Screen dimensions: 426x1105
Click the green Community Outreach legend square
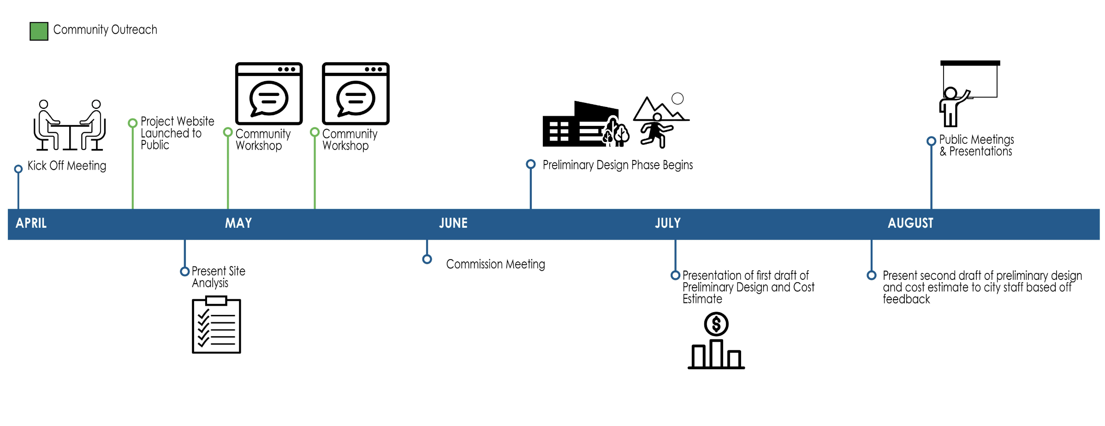coord(39,31)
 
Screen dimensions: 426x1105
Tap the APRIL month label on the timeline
coord(31,224)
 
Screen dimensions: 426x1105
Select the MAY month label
coord(238,224)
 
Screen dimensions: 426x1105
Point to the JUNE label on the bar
coord(453,224)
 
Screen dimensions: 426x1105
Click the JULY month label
coord(668,224)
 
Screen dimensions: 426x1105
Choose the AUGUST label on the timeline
coord(910,224)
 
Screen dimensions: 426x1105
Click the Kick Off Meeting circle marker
coord(18,169)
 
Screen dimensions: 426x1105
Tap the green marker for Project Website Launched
coord(133,123)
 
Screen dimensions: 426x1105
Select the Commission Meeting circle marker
coord(427,259)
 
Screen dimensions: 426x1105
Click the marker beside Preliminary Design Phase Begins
coord(531,164)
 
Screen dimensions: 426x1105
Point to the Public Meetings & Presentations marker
coord(931,141)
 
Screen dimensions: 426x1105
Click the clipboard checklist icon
coord(216,325)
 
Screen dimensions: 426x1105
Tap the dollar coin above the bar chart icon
coord(716,324)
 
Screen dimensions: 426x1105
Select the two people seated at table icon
coord(70,125)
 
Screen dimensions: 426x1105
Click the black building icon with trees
coord(585,125)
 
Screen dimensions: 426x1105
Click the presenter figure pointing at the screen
coord(952,107)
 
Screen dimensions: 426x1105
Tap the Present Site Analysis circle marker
coord(185,272)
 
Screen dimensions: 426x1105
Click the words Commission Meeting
coord(495,264)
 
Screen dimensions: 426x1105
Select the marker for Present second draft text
coord(871,275)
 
